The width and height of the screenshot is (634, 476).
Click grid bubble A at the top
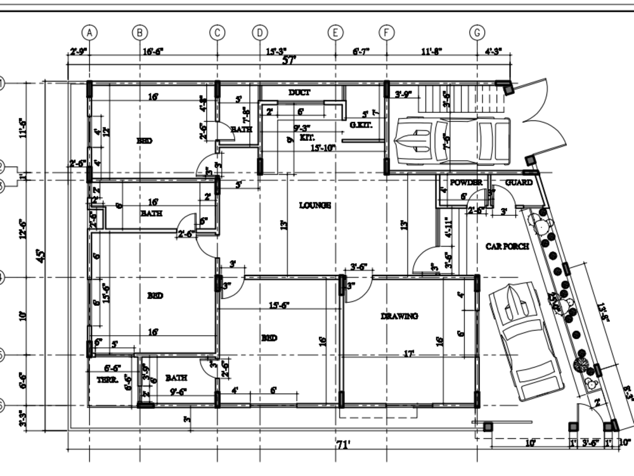pos(90,32)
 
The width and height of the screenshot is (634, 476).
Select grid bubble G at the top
pos(477,32)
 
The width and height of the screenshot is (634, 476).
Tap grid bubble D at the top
pos(260,32)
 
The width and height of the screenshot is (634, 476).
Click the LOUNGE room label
pos(315,206)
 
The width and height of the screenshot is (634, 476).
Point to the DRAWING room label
pos(399,316)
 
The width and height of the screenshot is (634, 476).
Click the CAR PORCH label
pos(507,247)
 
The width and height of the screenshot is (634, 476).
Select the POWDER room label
pos(466,183)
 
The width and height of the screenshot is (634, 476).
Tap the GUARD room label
pos(519,183)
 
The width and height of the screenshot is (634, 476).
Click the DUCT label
pos(299,93)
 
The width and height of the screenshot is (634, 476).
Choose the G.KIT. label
pos(360,126)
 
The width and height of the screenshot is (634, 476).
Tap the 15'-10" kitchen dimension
pos(323,148)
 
